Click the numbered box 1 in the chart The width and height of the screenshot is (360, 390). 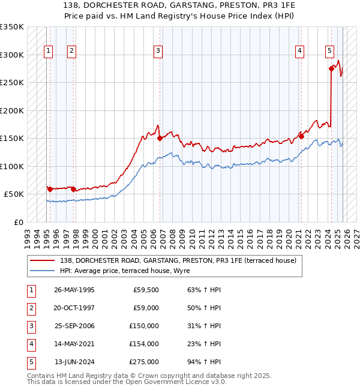click(x=48, y=51)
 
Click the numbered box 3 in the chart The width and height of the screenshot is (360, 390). click(x=158, y=51)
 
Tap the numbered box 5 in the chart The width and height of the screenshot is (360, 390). click(x=329, y=51)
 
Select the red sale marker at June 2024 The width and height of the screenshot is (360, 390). click(x=331, y=68)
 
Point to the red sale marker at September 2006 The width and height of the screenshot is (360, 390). click(x=160, y=138)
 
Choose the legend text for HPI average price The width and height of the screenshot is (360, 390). click(x=124, y=271)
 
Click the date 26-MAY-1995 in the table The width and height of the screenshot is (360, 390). click(x=74, y=290)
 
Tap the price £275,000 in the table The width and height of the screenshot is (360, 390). click(x=144, y=362)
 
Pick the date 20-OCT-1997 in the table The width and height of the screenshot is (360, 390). click(x=74, y=308)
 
